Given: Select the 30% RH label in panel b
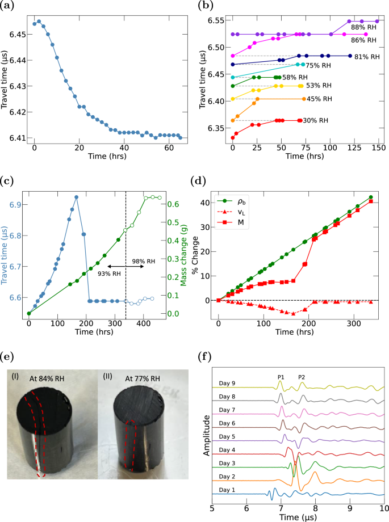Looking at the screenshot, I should click(x=315, y=120).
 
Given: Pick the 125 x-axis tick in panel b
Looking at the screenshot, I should click(x=354, y=148).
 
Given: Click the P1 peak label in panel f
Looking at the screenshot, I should click(x=281, y=376).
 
